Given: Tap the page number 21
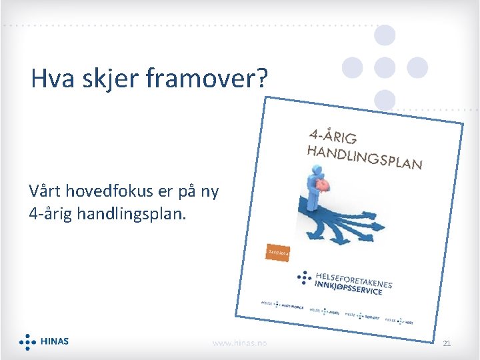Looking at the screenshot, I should tap(447, 343).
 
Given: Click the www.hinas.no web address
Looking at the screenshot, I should tap(239, 343).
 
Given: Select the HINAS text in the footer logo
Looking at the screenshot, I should tap(54, 341).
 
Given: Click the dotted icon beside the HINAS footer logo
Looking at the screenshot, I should tap(27, 341).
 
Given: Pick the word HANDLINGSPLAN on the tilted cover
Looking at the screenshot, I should tap(364, 155).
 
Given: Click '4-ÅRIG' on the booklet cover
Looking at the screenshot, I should tap(333, 136).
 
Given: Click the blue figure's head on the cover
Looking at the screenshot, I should tap(312, 171).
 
